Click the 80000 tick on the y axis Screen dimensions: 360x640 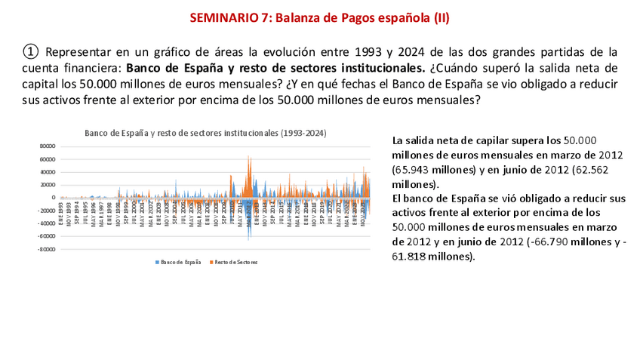point(48,146)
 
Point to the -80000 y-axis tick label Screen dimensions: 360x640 point(47,249)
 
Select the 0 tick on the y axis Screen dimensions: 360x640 point(53,198)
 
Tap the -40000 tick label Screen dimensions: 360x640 point(47,223)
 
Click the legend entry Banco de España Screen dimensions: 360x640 point(180,262)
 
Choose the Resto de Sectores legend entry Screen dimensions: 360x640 point(235,262)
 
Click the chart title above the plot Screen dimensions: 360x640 point(205,132)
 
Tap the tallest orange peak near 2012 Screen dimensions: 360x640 point(248,156)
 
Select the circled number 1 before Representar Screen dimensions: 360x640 point(29,51)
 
